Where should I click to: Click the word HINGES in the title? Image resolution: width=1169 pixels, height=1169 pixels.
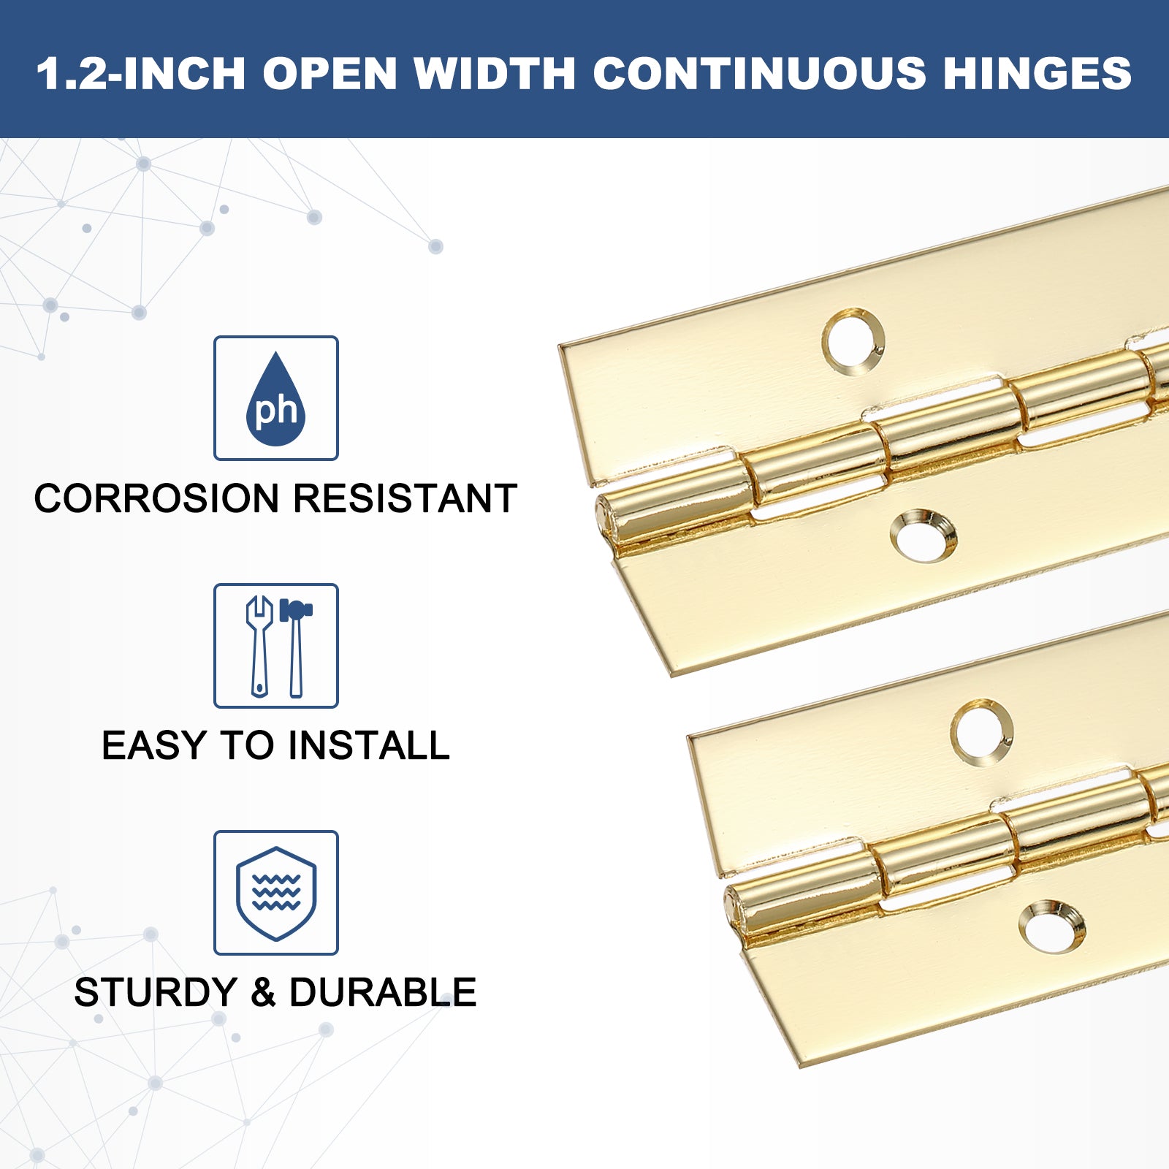click(1037, 73)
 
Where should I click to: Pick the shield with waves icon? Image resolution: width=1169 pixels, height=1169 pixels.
click(276, 893)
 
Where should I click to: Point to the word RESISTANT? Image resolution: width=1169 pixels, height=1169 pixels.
click(405, 498)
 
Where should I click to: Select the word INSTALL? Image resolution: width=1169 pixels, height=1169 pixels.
click(369, 745)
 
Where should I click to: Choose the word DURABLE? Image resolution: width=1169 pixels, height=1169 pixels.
click(383, 992)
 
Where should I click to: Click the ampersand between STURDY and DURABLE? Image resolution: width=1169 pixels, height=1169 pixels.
click(264, 992)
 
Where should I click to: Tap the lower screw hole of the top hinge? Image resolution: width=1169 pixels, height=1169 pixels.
click(924, 536)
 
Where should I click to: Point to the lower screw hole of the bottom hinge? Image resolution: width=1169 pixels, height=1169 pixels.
click(1052, 927)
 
